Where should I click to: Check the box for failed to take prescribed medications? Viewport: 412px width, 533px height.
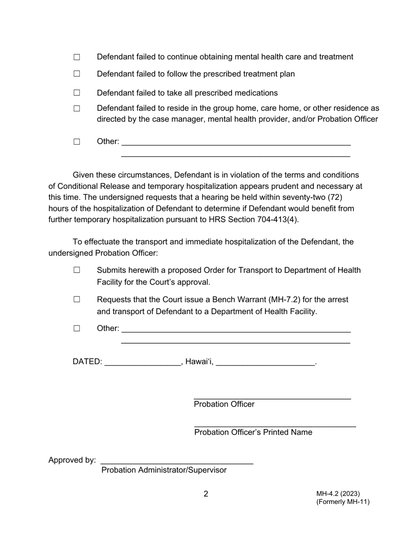(77, 93)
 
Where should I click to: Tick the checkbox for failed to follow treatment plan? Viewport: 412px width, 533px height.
(77, 74)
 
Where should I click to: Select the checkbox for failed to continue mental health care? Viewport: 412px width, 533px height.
(77, 57)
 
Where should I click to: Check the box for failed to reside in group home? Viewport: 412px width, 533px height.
(77, 109)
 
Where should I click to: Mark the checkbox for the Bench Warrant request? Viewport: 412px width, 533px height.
(77, 299)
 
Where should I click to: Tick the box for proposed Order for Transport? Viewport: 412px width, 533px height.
(77, 270)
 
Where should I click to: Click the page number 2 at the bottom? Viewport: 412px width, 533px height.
(206, 494)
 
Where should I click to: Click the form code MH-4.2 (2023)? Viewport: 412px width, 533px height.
(338, 494)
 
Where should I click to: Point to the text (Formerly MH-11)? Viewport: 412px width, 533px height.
(343, 502)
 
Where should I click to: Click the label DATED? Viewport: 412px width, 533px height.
(88, 362)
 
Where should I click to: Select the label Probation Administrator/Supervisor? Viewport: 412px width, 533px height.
(164, 470)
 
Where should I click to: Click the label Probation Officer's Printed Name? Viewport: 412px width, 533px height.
(253, 432)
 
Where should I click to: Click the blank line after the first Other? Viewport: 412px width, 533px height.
(236, 143)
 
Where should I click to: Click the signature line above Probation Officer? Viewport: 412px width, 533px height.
(272, 396)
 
